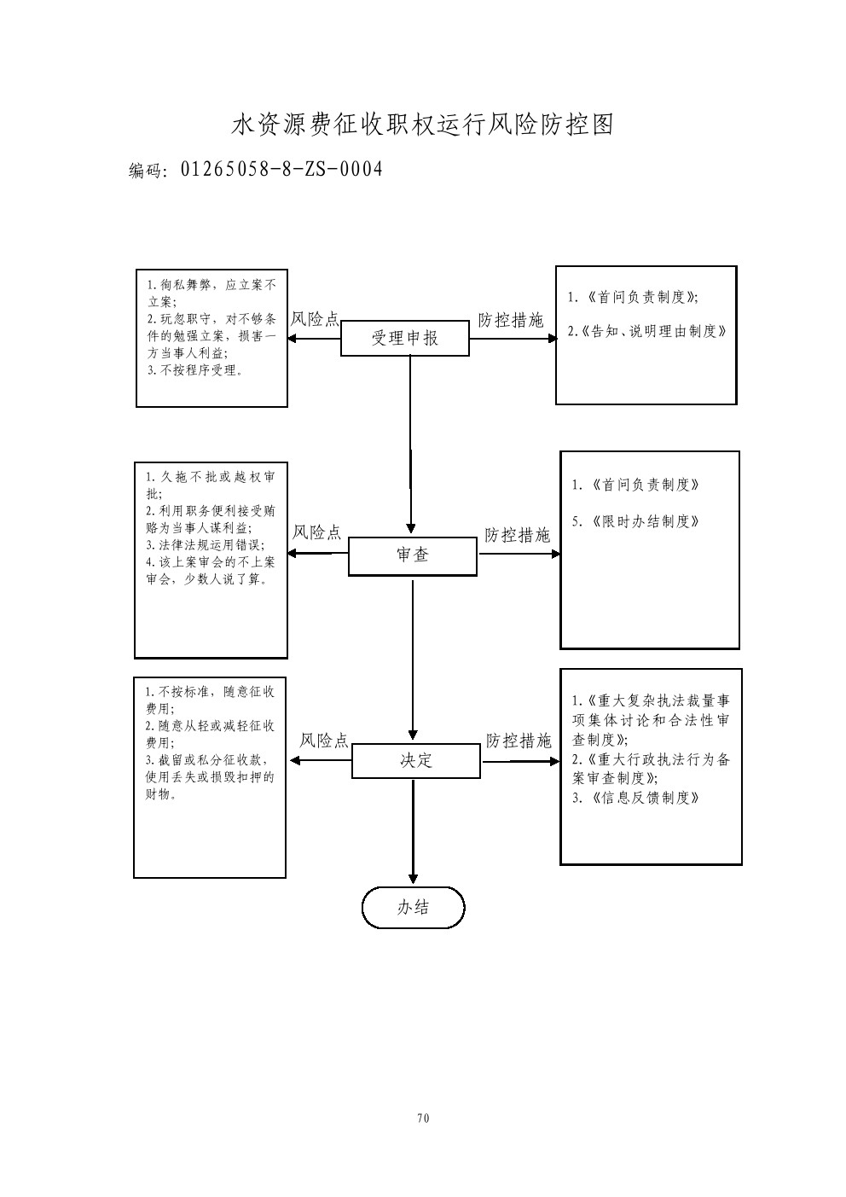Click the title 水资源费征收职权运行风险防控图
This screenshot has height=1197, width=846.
423,125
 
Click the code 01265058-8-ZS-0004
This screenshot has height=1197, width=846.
281,169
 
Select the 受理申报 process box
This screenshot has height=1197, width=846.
405,338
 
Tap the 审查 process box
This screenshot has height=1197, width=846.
413,555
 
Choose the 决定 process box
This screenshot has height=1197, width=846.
416,760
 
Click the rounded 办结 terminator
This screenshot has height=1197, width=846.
414,907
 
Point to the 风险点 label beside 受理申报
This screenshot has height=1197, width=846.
315,320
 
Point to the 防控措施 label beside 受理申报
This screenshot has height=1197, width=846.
510,320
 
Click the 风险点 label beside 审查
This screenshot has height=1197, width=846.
316,533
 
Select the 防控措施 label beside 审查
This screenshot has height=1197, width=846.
517,536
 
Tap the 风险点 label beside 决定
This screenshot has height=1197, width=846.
324,741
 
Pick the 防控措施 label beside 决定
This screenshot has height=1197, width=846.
519,741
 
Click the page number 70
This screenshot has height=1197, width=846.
423,1118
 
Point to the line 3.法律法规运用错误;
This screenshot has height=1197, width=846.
206,545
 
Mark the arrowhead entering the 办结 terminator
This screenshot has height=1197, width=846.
414,880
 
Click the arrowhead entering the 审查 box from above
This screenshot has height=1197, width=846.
412,530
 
